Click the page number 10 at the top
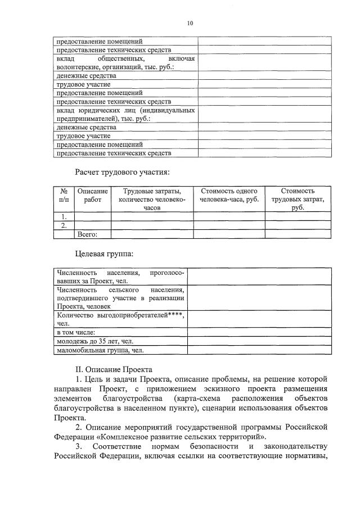pyautogui.click(x=190, y=23)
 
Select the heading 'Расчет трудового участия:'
pyautogui.click(x=122, y=171)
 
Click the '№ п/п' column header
pyautogui.click(x=64, y=196)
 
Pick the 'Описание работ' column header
pyautogui.click(x=93, y=196)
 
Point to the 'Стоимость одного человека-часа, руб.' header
pyautogui.click(x=229, y=196)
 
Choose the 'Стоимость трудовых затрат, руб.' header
pyautogui.click(x=298, y=200)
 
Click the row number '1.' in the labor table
pyautogui.click(x=64, y=216)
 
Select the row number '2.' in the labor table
pyautogui.click(x=64, y=225)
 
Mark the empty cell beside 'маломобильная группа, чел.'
pyautogui.click(x=259, y=350)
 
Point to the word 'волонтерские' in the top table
pyautogui.click(x=78, y=67)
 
